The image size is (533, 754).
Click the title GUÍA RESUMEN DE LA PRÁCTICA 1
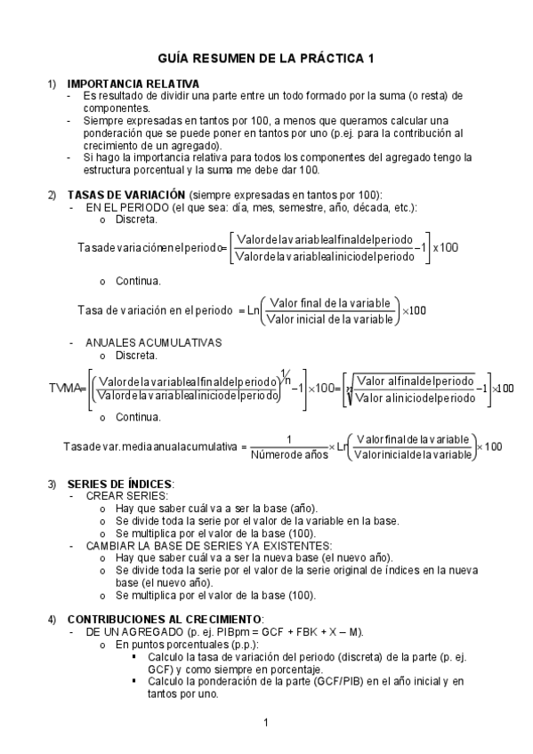[x=266, y=59]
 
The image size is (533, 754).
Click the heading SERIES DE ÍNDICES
[x=120, y=485]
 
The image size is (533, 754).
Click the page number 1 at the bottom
[x=266, y=721]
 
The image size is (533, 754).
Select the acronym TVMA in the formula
[x=67, y=389]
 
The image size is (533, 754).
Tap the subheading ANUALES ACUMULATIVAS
[x=141, y=342]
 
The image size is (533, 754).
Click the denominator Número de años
[x=288, y=456]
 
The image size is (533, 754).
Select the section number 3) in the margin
[x=52, y=485]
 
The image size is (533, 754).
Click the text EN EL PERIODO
[x=128, y=206]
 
